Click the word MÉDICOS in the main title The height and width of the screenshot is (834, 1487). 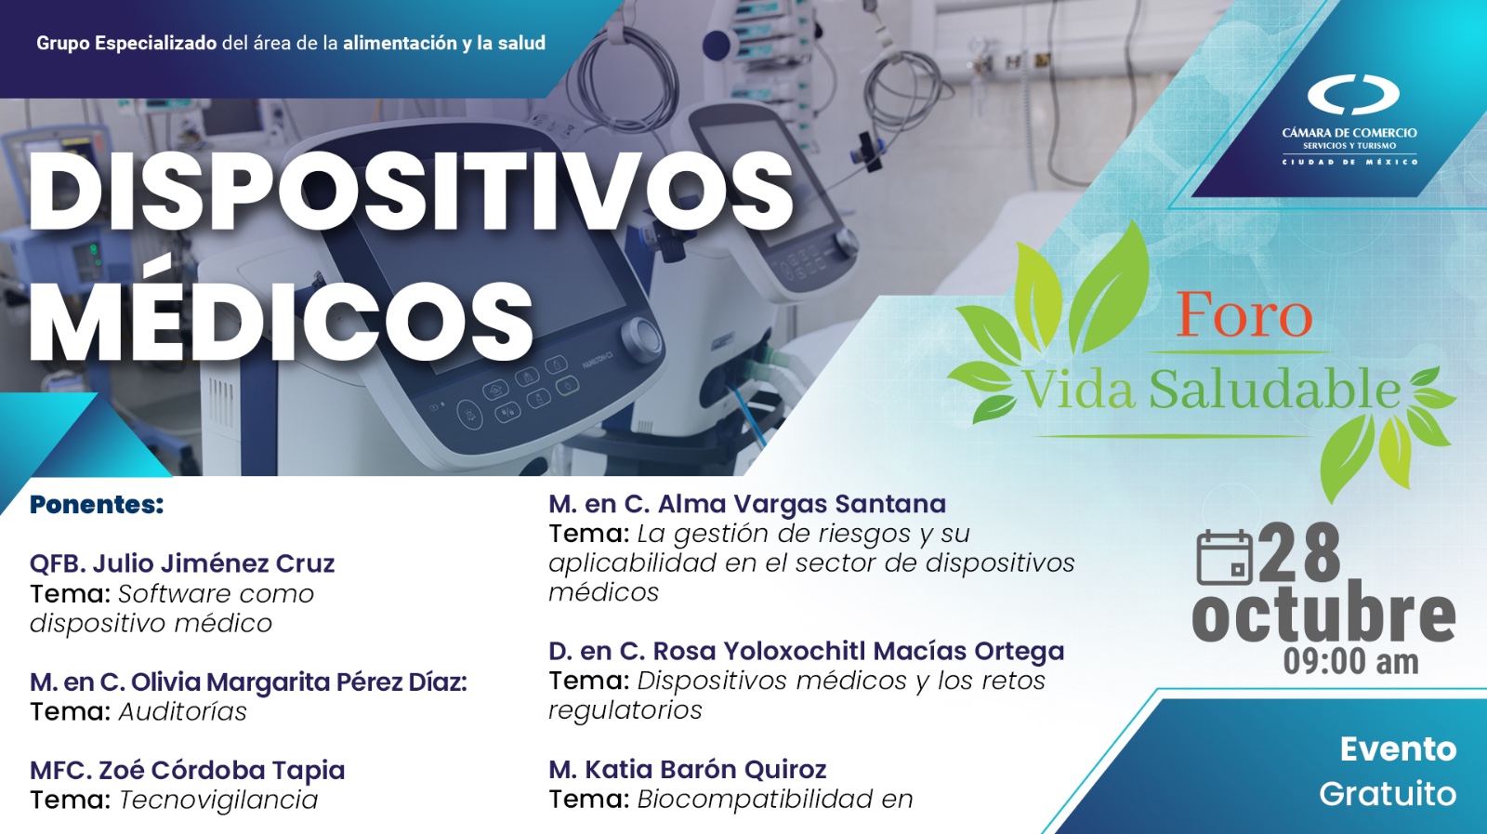[282, 321]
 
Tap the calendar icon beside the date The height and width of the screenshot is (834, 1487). [1225, 557]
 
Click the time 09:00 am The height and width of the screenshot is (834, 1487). [1350, 661]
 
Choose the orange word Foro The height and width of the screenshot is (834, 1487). [1244, 315]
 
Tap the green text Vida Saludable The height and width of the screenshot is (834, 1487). [1212, 390]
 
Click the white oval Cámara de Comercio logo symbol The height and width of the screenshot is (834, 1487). [1353, 94]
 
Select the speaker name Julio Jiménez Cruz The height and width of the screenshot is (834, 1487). [214, 563]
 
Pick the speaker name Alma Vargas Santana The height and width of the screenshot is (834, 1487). [802, 504]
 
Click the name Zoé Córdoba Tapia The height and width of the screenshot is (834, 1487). [222, 770]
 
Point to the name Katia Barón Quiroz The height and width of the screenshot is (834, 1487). [705, 770]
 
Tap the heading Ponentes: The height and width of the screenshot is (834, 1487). [97, 505]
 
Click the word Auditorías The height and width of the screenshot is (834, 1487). [182, 712]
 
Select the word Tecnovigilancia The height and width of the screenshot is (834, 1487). [218, 801]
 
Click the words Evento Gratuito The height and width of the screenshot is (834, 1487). [1388, 772]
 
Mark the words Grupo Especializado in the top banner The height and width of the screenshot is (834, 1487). [126, 43]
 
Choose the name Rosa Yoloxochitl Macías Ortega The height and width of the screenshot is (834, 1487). [859, 652]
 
